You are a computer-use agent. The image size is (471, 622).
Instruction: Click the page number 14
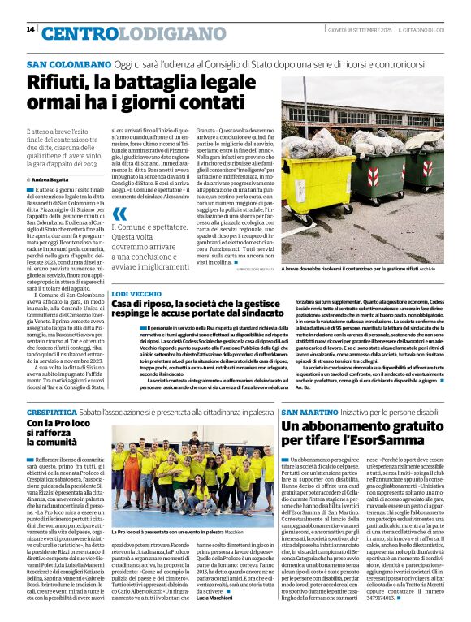point(30,29)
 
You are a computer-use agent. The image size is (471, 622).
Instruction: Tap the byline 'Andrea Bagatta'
point(53,178)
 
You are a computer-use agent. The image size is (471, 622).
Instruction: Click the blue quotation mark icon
point(119,214)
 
